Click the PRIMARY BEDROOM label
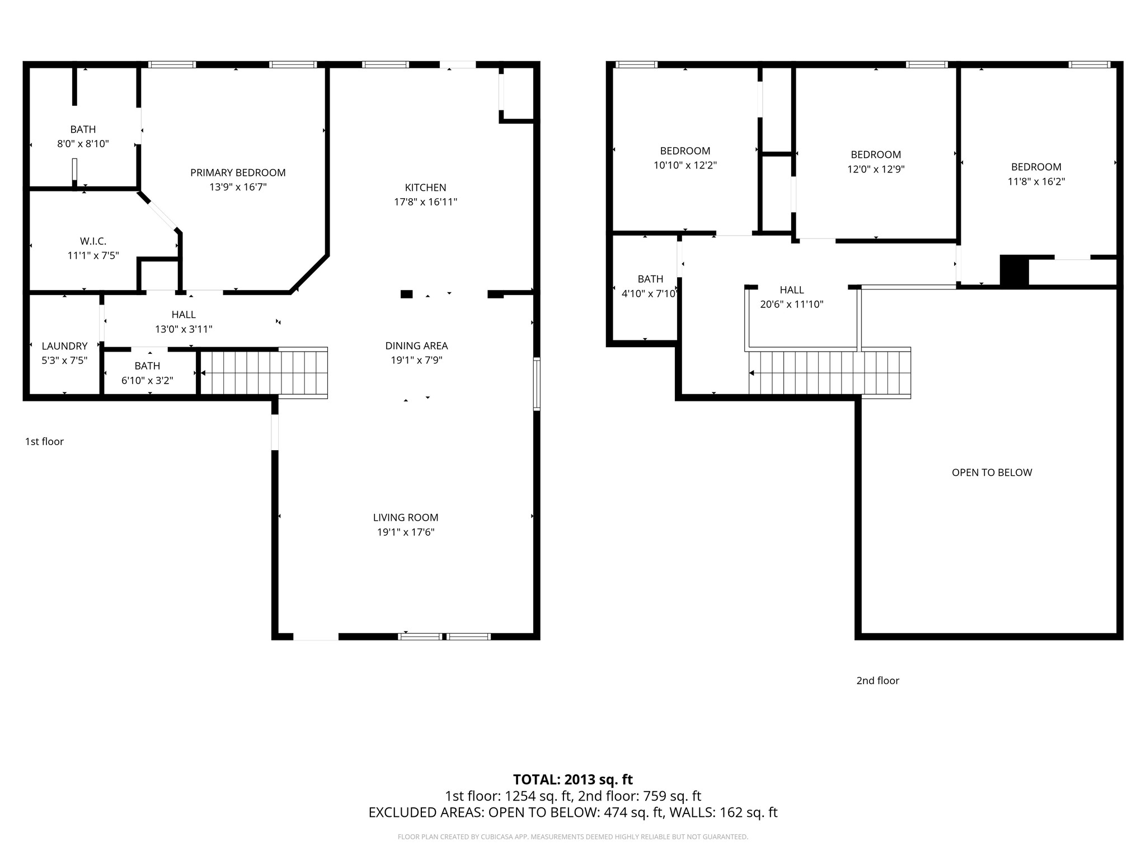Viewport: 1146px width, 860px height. coord(238,173)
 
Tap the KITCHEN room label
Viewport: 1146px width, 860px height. coord(426,188)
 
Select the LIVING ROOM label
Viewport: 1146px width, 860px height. coord(406,518)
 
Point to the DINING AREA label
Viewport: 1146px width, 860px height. coord(416,346)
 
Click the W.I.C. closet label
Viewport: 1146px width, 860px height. coord(93,241)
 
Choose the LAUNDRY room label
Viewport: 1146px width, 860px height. coord(64,346)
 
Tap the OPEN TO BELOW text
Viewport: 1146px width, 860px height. coord(992,473)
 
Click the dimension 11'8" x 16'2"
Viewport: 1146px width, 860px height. coord(1036,181)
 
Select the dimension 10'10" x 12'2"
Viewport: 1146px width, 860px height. coord(685,165)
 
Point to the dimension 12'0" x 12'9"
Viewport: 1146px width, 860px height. coord(876,169)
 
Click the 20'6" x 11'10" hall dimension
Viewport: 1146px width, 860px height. coord(792,305)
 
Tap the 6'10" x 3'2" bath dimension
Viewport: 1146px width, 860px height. coord(147,381)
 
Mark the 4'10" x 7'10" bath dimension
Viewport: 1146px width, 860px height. coord(650,293)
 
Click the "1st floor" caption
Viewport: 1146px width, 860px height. coord(44,442)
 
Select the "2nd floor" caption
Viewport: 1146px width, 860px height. coord(877,681)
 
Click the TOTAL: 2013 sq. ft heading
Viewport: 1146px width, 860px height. coord(573,779)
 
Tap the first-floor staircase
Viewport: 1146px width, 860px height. coord(264,373)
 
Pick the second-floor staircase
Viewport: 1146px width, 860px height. coord(830,373)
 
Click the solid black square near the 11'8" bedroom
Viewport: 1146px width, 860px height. coord(1014,271)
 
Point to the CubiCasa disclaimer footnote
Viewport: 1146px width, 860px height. coord(573,837)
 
